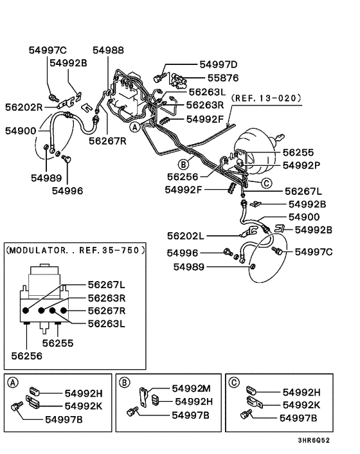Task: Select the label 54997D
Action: click(x=218, y=65)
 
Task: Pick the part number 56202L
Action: click(x=186, y=236)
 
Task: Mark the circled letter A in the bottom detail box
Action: click(x=13, y=382)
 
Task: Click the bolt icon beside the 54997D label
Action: click(x=157, y=77)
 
